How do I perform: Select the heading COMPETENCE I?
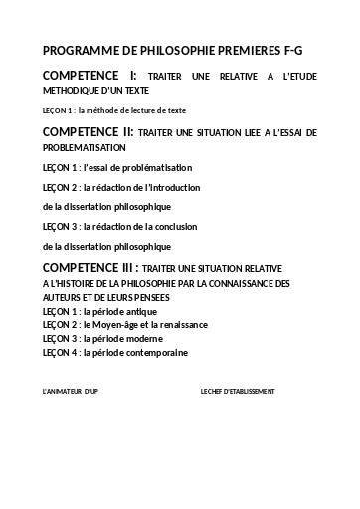90,76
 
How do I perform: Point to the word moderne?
148,338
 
